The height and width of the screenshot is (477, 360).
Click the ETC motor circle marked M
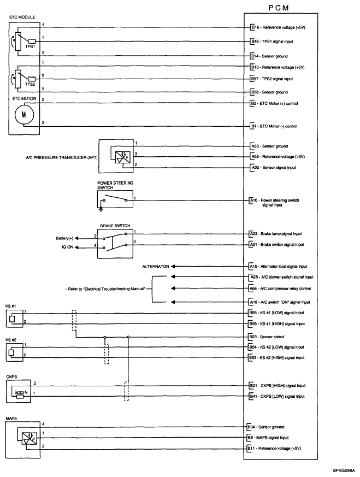point(23,114)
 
